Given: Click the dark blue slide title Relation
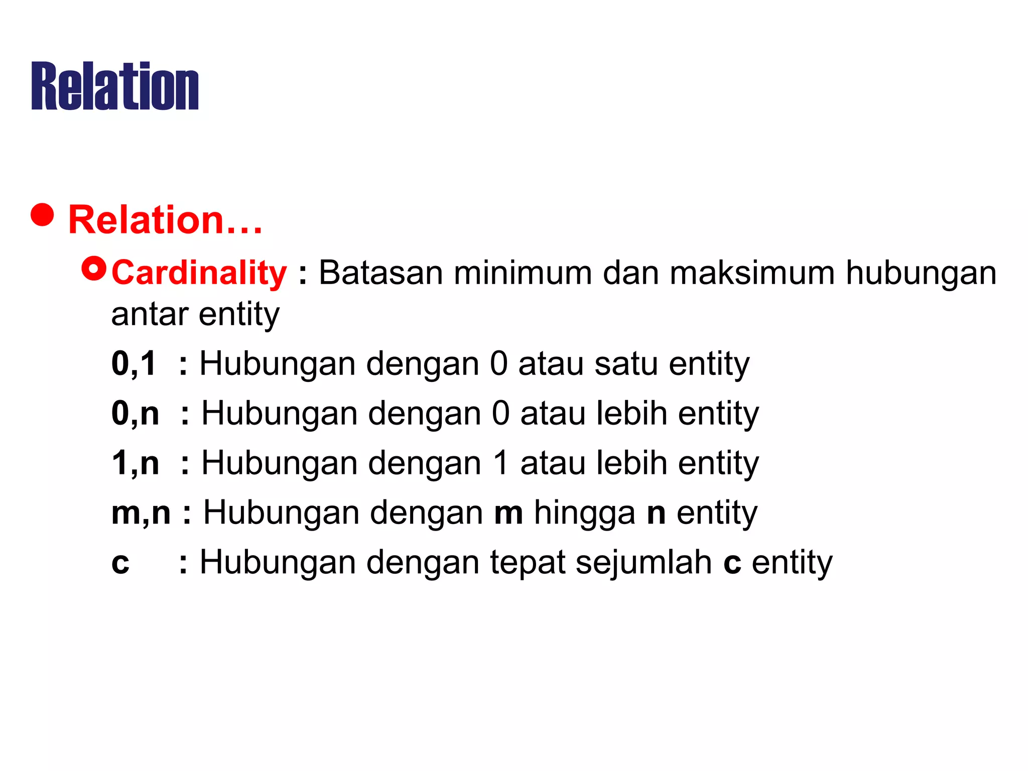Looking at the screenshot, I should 115,86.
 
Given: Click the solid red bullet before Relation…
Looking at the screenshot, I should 42,215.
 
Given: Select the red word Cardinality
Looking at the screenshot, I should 199,273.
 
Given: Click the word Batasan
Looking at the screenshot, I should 380,273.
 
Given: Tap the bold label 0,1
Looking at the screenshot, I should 134,363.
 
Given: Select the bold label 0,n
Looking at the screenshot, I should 135,414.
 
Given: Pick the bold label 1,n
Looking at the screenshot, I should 135,463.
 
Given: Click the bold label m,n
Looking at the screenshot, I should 141,513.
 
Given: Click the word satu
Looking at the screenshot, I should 626,363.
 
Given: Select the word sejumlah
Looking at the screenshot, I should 644,563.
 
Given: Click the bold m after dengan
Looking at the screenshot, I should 508,513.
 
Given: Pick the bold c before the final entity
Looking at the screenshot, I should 732,563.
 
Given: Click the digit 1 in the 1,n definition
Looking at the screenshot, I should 501,463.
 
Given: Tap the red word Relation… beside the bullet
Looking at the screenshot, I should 165,220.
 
